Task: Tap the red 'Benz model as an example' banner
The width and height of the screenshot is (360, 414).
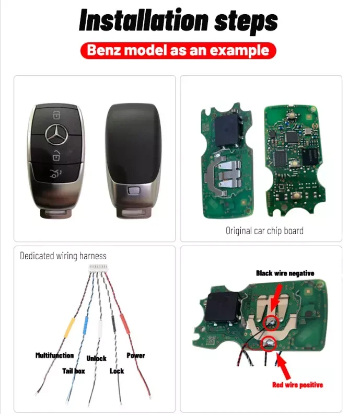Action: [x=178, y=50]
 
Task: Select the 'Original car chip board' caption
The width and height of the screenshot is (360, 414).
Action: [x=264, y=230]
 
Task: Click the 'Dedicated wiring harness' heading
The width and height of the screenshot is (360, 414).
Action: [x=63, y=256]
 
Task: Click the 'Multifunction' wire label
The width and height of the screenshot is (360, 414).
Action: [x=54, y=355]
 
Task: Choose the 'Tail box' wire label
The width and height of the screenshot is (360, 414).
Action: [x=74, y=371]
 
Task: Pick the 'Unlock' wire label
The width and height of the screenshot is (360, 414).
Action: [x=96, y=358]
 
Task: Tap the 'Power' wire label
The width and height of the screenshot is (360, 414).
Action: [x=136, y=355]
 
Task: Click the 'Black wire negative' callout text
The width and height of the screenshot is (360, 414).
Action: [x=285, y=273]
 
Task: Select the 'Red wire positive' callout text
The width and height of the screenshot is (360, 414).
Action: [x=297, y=385]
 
